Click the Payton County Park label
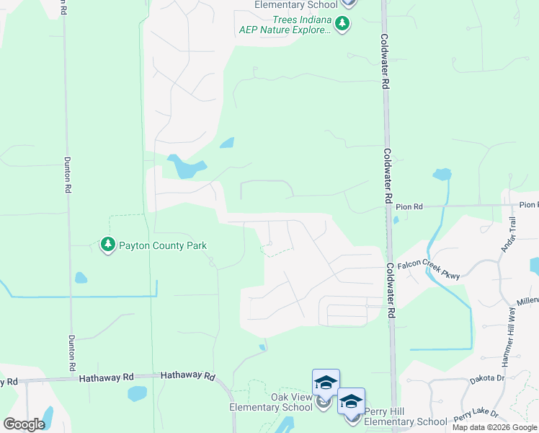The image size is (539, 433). coord(162,246)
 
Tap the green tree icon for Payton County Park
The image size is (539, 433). coord(108,245)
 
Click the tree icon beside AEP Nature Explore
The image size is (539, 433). coord(343,25)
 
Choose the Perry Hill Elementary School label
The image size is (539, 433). coord(405,416)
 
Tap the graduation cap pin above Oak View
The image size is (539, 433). coord(326,383)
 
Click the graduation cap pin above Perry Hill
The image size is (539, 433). coord(352,402)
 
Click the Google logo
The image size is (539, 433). coord(24,424)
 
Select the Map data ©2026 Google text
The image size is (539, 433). coord(494,427)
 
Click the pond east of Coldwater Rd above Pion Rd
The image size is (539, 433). coord(442,175)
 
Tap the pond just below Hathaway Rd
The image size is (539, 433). coord(137,393)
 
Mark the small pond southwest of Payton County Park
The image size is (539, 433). coord(80,278)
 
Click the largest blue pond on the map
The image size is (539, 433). coord(185,167)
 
